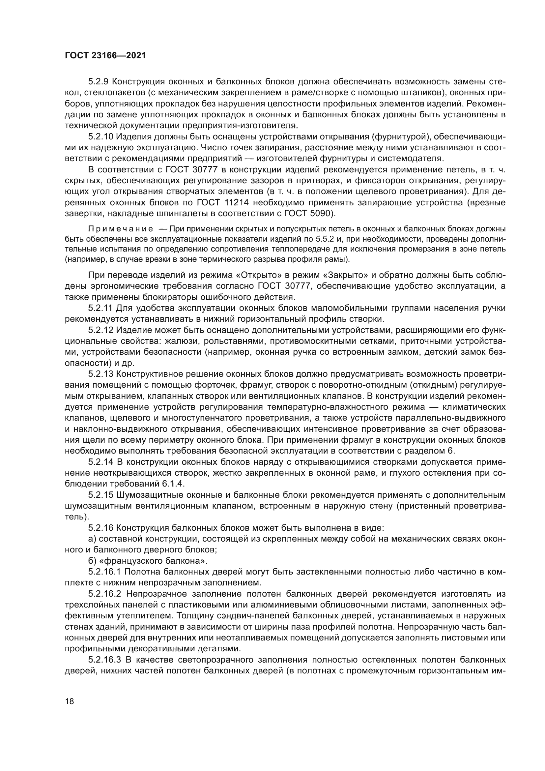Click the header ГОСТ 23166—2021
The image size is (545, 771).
[x=105, y=55]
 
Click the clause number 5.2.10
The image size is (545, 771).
[x=101, y=137]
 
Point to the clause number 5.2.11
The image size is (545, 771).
[x=100, y=308]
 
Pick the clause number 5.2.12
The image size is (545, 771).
[x=101, y=330]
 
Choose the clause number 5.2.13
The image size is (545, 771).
[x=101, y=374]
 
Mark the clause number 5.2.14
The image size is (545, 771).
[x=101, y=462]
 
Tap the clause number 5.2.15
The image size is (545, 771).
[x=101, y=495]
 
